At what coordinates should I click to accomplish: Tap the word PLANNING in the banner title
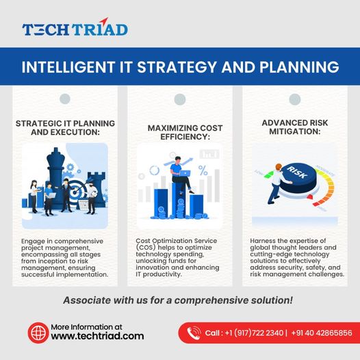[x=300, y=68]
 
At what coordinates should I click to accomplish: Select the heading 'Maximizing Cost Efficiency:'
[x=179, y=133]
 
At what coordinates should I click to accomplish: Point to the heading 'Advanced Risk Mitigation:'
[x=296, y=127]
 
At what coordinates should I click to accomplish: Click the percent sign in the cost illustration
[x=203, y=168]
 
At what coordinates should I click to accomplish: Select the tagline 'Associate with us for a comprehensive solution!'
[x=178, y=300]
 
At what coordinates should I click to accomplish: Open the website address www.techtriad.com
[x=98, y=336]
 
